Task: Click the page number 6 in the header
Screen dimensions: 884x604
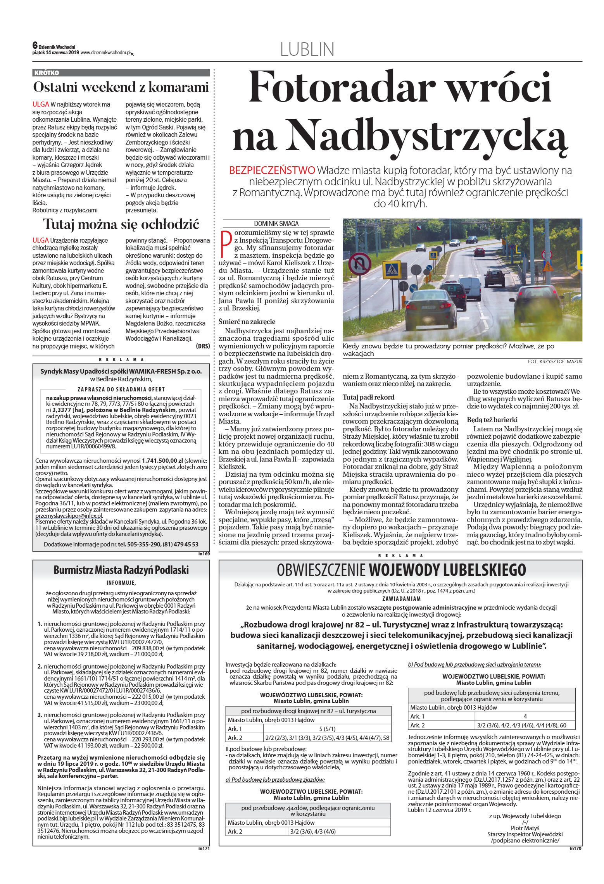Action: click(x=35, y=45)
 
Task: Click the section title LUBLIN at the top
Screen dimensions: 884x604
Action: click(x=307, y=50)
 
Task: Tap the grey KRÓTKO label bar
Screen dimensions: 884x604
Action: click(x=121, y=73)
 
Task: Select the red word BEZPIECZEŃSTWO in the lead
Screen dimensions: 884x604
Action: click(x=272, y=170)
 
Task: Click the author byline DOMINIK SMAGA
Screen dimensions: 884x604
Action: click(x=276, y=224)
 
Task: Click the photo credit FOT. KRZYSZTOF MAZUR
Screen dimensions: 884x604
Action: click(x=555, y=361)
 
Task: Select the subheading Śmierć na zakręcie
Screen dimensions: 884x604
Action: click(x=247, y=322)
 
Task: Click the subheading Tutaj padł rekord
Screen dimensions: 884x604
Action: click(x=368, y=397)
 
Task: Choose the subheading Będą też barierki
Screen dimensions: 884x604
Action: click(x=492, y=420)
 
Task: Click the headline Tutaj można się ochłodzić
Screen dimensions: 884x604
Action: click(x=121, y=224)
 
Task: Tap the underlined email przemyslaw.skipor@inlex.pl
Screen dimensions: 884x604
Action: click(x=69, y=516)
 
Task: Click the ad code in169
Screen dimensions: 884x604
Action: click(x=204, y=554)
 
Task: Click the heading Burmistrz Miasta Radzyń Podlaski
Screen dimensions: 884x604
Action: click(x=121, y=570)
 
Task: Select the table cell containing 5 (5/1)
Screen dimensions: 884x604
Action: click(x=327, y=729)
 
